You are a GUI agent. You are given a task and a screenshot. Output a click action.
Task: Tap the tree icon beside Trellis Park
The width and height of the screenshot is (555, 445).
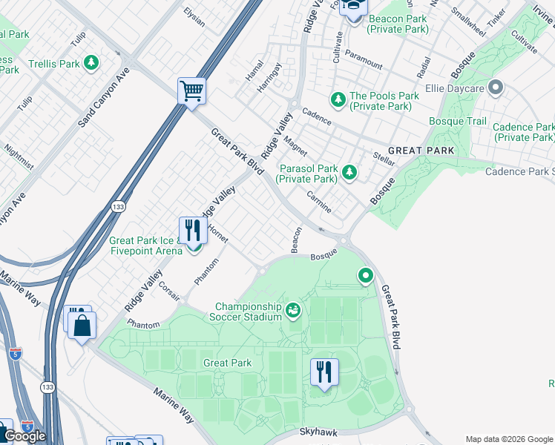(92, 64)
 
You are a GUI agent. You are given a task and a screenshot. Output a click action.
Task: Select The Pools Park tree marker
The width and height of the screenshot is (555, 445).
(338, 99)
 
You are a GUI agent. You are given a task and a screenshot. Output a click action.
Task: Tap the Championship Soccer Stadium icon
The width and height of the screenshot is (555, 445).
(293, 310)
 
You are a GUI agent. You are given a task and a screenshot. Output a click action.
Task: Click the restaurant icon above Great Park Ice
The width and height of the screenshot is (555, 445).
(192, 230)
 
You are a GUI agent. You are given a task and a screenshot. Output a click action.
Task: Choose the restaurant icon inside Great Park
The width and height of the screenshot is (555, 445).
(324, 371)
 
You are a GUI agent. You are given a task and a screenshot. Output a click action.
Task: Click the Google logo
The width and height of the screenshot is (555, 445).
(24, 436)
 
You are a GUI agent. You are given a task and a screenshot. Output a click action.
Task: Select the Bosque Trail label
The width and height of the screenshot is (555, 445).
(458, 121)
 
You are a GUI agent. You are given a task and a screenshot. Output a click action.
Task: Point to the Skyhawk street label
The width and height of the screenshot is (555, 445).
(320, 431)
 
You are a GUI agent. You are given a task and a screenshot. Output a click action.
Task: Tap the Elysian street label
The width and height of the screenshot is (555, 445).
(194, 16)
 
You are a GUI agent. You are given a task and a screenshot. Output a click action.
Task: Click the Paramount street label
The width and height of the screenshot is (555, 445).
(364, 59)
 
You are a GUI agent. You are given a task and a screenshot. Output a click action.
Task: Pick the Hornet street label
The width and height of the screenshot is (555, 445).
(217, 234)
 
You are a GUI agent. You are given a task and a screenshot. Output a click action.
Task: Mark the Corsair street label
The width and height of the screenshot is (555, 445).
(169, 291)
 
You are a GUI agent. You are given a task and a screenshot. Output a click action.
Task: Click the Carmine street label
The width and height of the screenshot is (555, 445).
(319, 200)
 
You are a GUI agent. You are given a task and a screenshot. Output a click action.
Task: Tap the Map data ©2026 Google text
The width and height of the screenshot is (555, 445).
(508, 439)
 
